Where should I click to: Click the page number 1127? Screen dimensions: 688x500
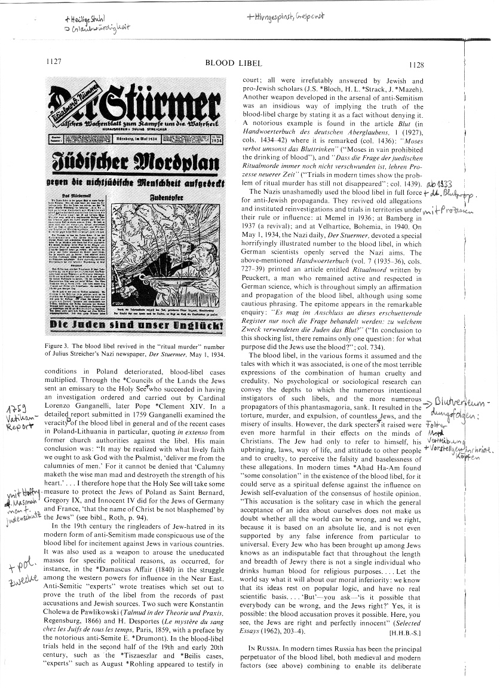coord(54,62)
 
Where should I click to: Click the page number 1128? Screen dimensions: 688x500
coord(416,65)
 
